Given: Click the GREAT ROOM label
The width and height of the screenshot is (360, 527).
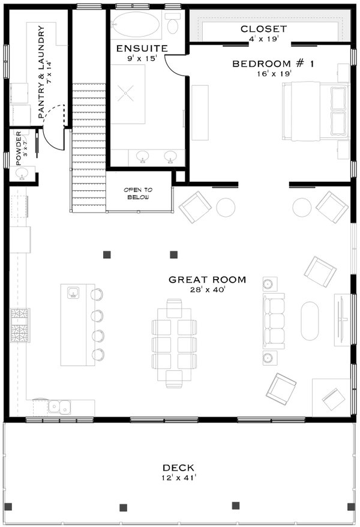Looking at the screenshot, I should (207, 279).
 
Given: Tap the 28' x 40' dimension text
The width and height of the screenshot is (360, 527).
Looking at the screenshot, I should (207, 290).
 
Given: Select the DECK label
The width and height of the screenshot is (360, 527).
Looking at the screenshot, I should (178, 468).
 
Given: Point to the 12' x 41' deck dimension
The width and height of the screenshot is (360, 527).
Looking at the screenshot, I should (178, 478).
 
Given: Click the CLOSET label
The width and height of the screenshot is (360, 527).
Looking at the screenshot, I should (263, 29).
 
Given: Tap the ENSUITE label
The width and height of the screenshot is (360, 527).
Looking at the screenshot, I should (142, 48).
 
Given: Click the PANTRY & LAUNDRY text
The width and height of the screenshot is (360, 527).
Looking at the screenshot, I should (41, 72).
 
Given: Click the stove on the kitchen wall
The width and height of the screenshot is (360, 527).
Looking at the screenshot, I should (19, 325).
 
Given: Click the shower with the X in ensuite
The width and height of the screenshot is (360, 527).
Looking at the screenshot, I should (127, 93).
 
